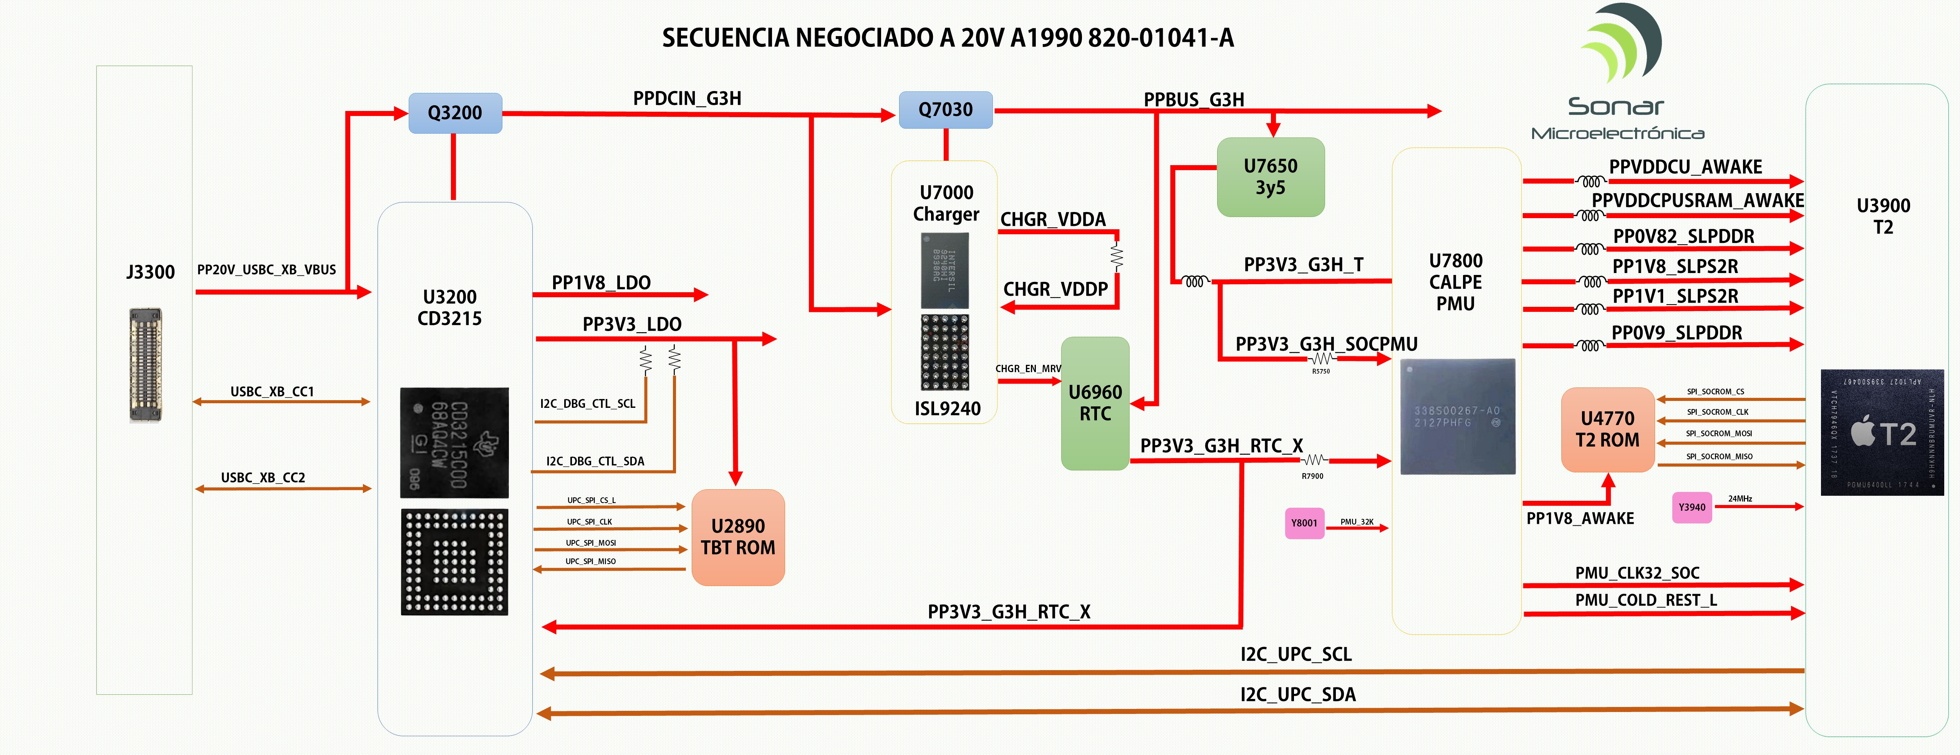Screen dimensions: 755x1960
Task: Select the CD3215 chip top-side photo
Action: click(454, 443)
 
